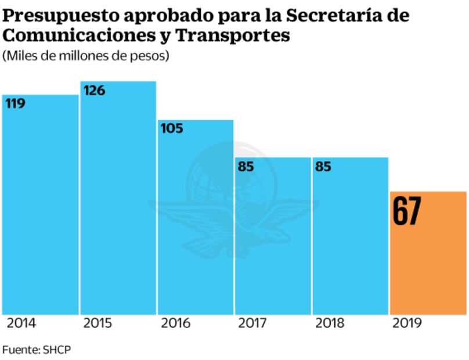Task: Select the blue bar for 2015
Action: point(118,203)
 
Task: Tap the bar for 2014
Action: point(40,209)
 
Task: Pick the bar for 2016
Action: point(196,221)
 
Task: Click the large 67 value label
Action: point(406,211)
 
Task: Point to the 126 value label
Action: point(94,91)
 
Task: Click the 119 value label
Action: point(15,104)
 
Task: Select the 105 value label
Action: point(172,128)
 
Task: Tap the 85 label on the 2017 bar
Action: point(246,167)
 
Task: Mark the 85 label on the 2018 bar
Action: point(323,167)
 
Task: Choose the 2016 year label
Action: point(175,323)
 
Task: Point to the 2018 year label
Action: point(330,323)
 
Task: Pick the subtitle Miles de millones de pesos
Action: point(86,56)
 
